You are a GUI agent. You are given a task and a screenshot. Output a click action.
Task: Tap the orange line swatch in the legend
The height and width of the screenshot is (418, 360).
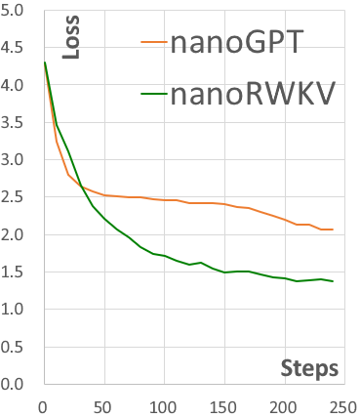point(154,43)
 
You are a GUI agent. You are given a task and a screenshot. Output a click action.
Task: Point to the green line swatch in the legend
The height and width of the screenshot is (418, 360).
point(154,94)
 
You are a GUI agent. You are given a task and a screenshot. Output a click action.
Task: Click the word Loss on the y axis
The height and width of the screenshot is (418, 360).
point(69,38)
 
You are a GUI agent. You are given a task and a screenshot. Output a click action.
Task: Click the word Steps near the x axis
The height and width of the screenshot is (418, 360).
point(309,368)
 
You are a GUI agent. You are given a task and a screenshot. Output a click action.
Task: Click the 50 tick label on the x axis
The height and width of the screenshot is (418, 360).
point(103,405)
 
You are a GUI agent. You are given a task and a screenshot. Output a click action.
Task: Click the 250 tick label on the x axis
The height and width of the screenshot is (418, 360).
point(343,405)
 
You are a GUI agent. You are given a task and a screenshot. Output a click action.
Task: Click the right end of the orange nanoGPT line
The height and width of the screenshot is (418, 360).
point(333,230)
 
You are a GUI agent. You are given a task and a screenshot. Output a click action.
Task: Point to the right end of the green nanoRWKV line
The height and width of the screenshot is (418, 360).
point(333,281)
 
